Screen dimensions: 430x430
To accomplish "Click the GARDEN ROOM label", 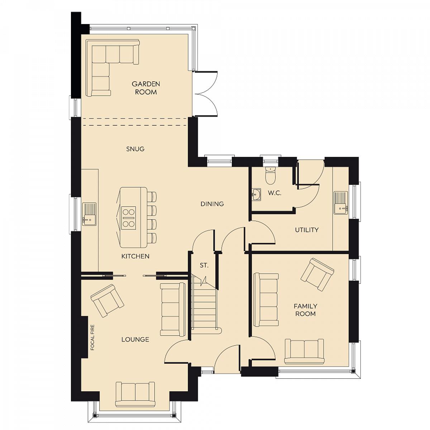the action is [x=146, y=88].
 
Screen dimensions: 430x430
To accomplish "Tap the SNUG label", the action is [x=135, y=149].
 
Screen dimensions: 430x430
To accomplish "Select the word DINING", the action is [x=212, y=204].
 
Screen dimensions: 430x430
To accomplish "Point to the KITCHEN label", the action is [x=135, y=256].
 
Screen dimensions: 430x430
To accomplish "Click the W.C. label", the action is [x=274, y=193].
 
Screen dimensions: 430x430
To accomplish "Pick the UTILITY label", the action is [x=307, y=230].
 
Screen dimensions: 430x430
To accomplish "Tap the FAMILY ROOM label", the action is [x=306, y=310].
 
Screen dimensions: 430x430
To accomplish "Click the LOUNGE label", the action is [x=135, y=339].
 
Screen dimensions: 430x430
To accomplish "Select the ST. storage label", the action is [x=204, y=265].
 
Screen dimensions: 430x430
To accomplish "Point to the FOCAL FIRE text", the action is [x=92, y=337].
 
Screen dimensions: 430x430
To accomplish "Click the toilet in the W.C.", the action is [x=271, y=176].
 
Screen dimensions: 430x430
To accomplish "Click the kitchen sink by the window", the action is [x=89, y=214].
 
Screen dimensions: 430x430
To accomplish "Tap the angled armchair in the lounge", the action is [x=107, y=300].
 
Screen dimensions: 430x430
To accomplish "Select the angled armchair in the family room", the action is [x=317, y=275].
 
